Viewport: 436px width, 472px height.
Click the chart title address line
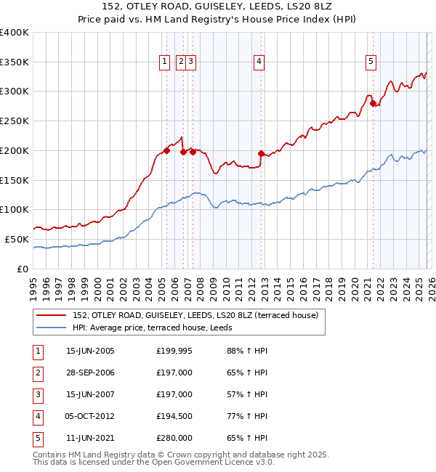[x=219, y=7]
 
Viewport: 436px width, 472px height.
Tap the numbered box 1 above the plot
[x=166, y=62]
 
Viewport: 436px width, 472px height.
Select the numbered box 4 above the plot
[x=259, y=62]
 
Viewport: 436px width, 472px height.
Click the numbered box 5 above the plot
[x=371, y=62]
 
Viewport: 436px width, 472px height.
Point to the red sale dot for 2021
[x=373, y=103]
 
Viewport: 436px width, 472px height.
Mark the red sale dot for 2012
[x=261, y=153]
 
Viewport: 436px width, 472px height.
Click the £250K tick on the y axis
[x=15, y=121]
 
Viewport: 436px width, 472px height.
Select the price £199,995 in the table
[x=174, y=351]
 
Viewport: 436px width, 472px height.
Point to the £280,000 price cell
[x=174, y=438]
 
